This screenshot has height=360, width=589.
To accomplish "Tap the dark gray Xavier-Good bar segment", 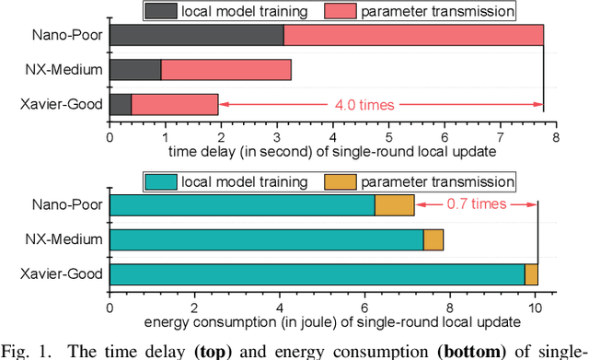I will click(x=121, y=104).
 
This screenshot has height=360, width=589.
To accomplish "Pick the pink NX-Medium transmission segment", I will click(x=225, y=70).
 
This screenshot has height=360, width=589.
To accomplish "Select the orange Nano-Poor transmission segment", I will click(x=394, y=205).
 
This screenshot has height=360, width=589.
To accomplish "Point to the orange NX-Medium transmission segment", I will click(x=433, y=240).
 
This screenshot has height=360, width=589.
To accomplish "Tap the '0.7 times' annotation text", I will click(x=476, y=203).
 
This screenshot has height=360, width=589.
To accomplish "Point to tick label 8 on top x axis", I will click(x=556, y=136).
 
